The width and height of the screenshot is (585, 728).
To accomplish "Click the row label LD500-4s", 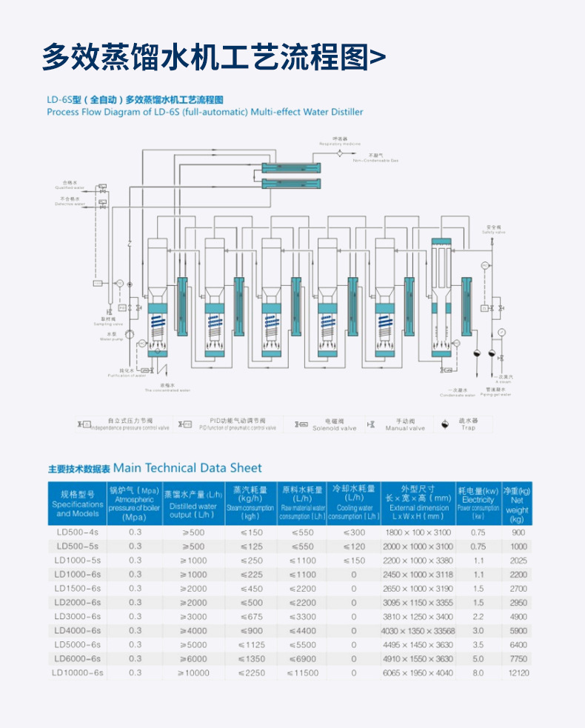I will click(x=77, y=532).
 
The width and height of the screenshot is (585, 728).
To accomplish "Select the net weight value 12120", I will click(x=519, y=672).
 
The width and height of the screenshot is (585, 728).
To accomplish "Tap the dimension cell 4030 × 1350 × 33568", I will click(x=418, y=630).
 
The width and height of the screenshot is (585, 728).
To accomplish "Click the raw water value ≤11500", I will click(x=302, y=672).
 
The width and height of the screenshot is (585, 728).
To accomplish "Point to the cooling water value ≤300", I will click(x=353, y=532).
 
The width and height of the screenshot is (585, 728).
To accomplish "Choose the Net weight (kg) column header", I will click(x=517, y=503).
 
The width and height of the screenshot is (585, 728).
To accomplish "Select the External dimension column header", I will click(x=418, y=503).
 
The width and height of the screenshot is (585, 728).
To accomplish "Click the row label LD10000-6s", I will click(x=77, y=672).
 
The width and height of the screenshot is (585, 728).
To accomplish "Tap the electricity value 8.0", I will click(x=478, y=672).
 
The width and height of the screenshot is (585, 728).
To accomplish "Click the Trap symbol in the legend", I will click(x=445, y=424).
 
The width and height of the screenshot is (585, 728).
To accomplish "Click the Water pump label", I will click(x=108, y=338).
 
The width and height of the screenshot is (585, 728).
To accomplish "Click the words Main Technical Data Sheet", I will click(x=187, y=468).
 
